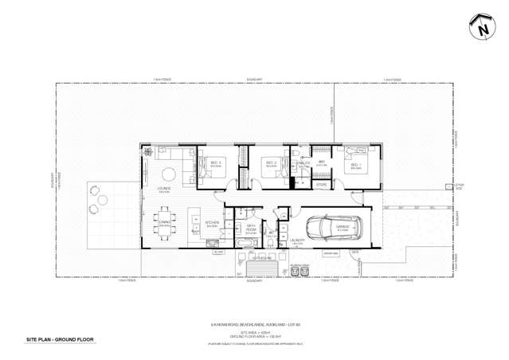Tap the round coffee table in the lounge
pos(169,175)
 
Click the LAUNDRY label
pos(298,239)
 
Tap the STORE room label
pos(322,184)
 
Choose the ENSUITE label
pos(303,162)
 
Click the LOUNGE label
pos(164,190)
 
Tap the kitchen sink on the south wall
pos(195,248)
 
